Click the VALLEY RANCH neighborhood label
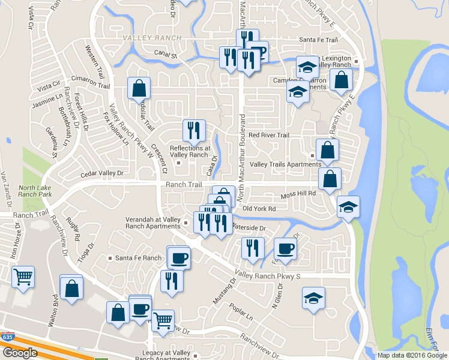click(143, 38)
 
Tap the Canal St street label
click(166, 55)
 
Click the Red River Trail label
click(269, 136)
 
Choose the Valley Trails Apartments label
click(277, 164)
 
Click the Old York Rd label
click(259, 209)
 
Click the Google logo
click(20, 353)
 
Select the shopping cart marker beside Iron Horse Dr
click(23, 277)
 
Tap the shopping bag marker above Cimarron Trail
click(139, 88)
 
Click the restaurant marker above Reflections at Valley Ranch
click(193, 130)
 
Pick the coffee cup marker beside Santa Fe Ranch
click(179, 258)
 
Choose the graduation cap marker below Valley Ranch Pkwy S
click(313, 298)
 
